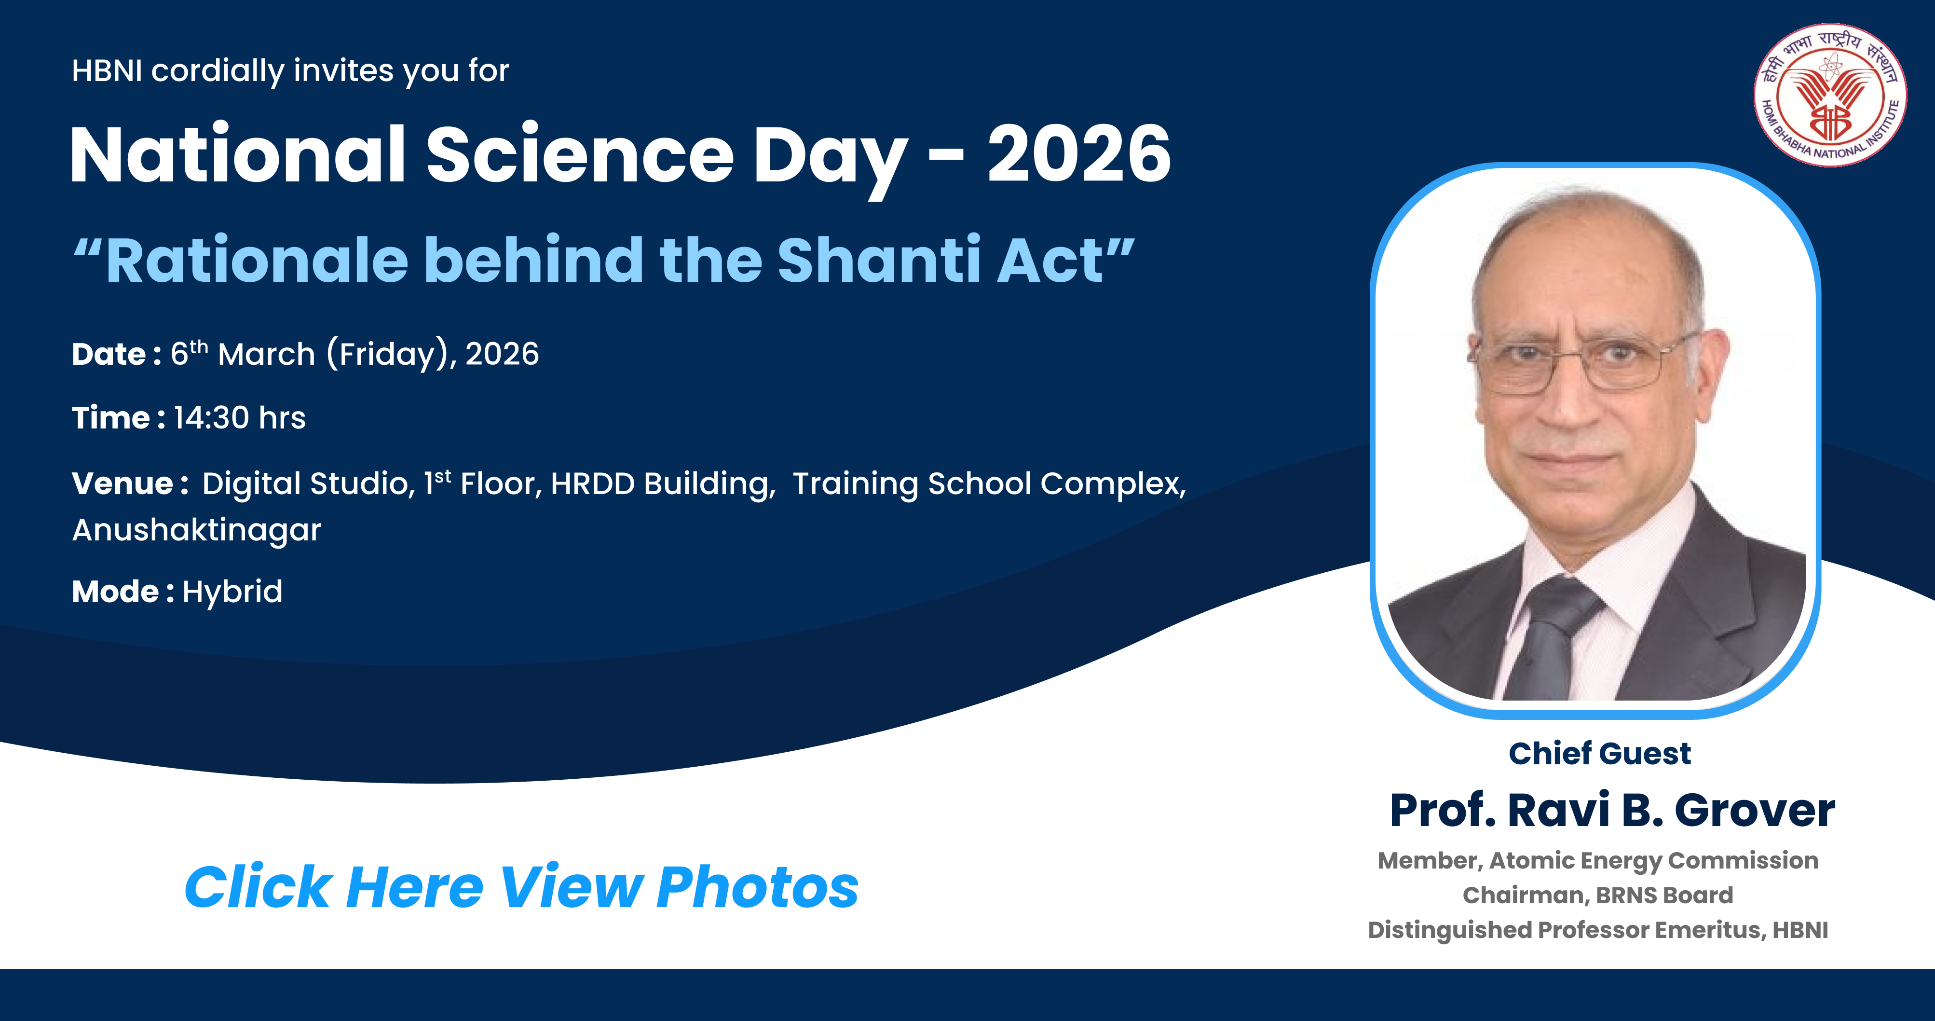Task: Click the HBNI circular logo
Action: pyautogui.click(x=1830, y=95)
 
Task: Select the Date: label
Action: pyautogui.click(x=116, y=354)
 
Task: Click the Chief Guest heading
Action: pyautogui.click(x=1600, y=754)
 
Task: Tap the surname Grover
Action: pyautogui.click(x=1755, y=811)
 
